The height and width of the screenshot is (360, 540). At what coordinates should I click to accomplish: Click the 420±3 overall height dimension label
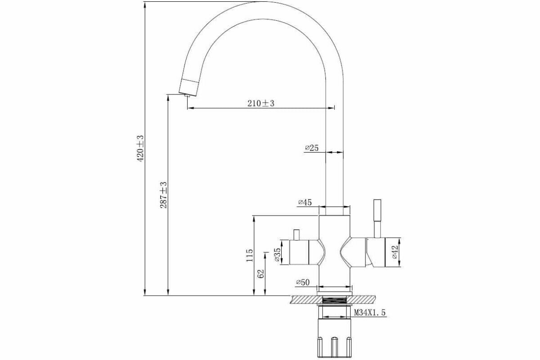coord(140,148)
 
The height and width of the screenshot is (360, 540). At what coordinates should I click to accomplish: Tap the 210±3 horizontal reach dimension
coord(261,103)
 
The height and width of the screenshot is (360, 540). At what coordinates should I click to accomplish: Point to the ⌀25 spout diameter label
coord(311,148)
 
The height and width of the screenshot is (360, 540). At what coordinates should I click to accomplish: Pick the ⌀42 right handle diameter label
coord(395,252)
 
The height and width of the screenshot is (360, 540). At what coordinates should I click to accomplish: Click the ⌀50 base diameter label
coord(303,282)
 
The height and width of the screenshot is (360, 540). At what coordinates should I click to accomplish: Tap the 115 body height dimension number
coord(250,255)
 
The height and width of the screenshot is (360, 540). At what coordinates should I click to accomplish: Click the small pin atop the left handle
coord(296,234)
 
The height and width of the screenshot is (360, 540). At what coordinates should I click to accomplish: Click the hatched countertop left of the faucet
coord(304,299)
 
